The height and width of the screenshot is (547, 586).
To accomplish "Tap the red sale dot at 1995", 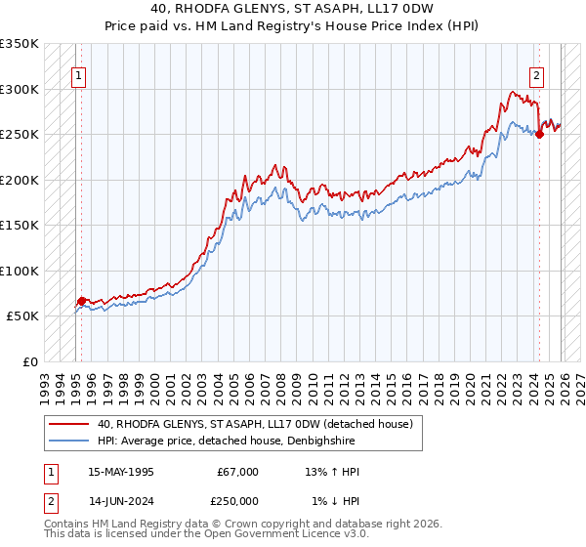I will pos(81,301).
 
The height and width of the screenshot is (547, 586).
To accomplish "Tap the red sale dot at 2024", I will pos(539,135).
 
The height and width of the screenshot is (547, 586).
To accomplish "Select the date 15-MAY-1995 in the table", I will pos(120,472).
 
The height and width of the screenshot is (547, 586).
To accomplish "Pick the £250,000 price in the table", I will pos(237,501).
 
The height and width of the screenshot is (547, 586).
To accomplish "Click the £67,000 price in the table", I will pos(237,472).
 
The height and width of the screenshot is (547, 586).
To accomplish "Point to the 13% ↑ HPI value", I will pos(332,472).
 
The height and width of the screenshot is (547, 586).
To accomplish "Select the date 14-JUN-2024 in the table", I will pos(120,501).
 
